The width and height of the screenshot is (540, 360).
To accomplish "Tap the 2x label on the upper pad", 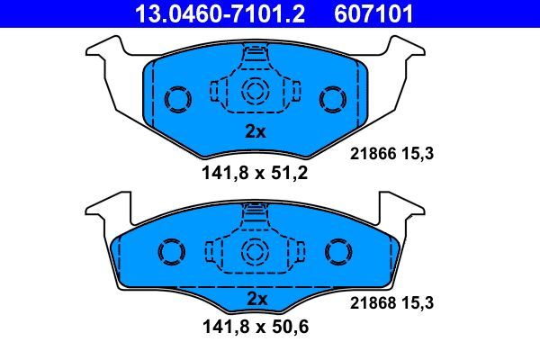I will click(256, 131).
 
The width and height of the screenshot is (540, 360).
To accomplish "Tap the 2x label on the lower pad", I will click(257, 298).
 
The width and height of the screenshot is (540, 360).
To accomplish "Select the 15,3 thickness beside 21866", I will click(419, 154).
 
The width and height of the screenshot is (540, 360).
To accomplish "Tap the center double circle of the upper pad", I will click(256, 90).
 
